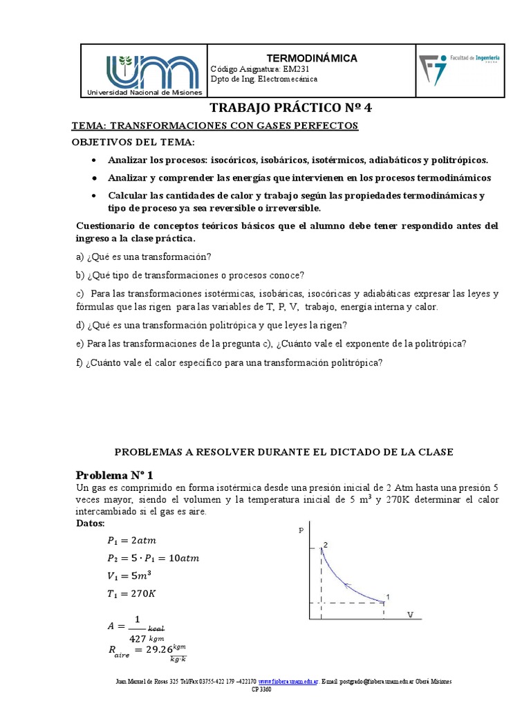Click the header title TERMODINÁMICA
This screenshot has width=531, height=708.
coord(312,58)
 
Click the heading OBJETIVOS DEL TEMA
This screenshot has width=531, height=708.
coord(134,142)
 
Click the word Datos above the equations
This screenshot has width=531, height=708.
coord(91,523)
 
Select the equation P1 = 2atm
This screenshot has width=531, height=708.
coord(138,540)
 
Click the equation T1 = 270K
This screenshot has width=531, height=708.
coord(131,593)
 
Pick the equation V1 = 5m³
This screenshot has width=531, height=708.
coord(130,575)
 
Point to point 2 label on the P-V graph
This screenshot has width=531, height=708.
coord(326,546)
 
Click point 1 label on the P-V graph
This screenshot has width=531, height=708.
coord(388,597)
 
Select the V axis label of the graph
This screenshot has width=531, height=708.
coord(411,614)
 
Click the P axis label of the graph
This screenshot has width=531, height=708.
coord(301,530)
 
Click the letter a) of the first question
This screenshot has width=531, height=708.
coord(80,257)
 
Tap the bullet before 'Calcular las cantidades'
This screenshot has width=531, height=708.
coord(93,196)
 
